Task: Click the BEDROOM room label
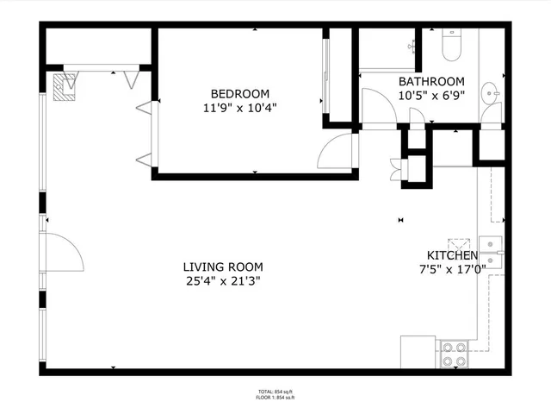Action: [x=240, y=94]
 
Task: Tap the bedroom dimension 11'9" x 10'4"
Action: [x=240, y=108]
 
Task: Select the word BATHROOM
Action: [x=431, y=82]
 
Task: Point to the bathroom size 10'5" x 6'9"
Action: [x=431, y=95]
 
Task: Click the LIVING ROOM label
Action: [x=223, y=267]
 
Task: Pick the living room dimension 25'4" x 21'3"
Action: [x=223, y=281]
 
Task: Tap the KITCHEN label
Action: [x=452, y=256]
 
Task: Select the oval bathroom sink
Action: [x=488, y=92]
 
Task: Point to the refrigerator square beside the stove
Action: [x=419, y=351]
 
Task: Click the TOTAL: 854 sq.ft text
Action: [x=275, y=392]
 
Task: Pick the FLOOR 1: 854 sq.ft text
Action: [x=275, y=398]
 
